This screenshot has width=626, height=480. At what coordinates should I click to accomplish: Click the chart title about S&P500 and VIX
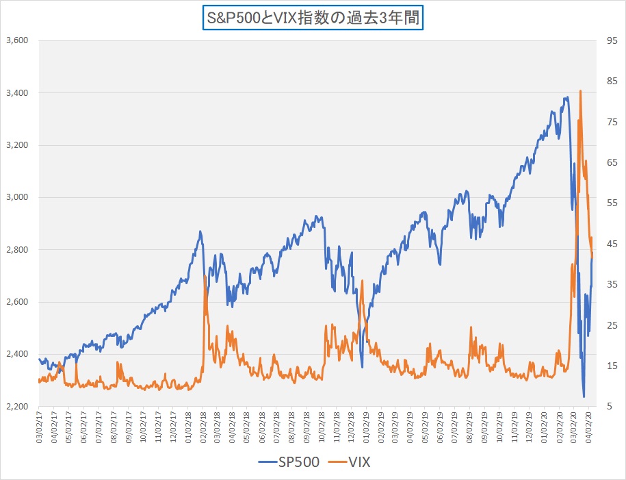pyautogui.click(x=313, y=17)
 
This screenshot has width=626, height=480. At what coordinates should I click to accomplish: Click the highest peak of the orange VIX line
pyautogui.click(x=580, y=90)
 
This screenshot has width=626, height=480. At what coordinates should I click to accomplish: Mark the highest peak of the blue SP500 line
pyautogui.click(x=566, y=97)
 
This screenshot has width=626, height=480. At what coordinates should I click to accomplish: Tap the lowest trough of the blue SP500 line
pyautogui.click(x=584, y=396)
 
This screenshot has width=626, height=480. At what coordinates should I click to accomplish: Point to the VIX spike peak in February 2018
pyautogui.click(x=205, y=276)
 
